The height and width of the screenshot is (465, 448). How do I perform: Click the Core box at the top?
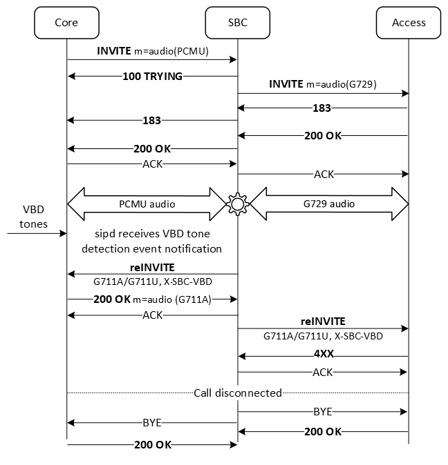pyautogui.click(x=66, y=22)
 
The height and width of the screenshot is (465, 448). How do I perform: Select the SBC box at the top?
pyautogui.click(x=237, y=22)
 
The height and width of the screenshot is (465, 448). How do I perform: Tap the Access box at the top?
pyautogui.click(x=409, y=22)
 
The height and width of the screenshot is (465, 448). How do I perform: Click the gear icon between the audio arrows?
pyautogui.click(x=238, y=204)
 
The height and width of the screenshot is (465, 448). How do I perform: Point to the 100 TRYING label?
pyautogui.click(x=152, y=76)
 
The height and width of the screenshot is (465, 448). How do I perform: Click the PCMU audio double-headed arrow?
pyautogui.click(x=147, y=204)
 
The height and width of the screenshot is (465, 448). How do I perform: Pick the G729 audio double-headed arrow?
pyautogui.click(x=329, y=204)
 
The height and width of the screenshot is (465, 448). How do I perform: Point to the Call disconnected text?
pyautogui.click(x=238, y=393)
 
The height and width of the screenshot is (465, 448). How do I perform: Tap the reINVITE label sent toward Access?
pyautogui.click(x=323, y=321)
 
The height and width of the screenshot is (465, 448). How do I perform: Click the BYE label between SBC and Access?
pyautogui.click(x=323, y=411)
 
